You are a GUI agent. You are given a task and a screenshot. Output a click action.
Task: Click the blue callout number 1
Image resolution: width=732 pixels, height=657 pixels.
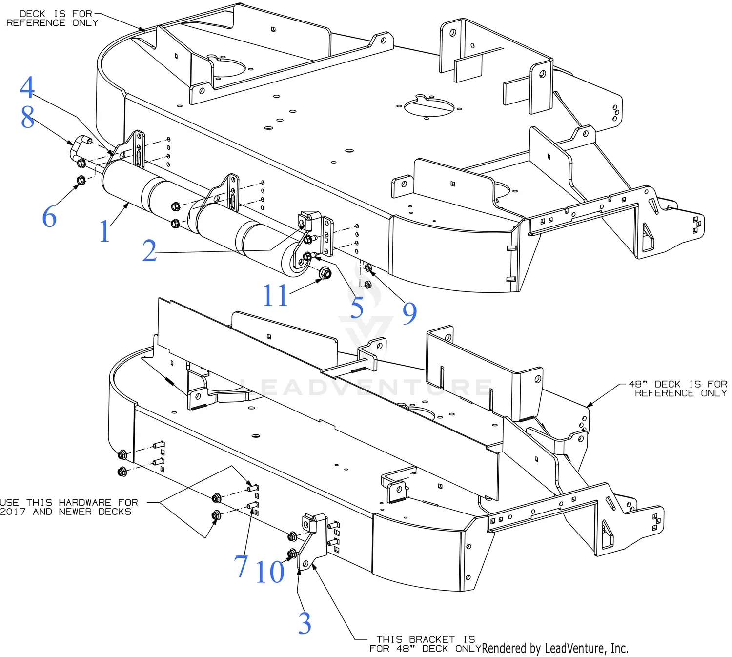pyautogui.click(x=104, y=231)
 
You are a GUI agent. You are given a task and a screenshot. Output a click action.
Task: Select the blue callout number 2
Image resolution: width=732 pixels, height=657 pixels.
pyautogui.click(x=149, y=251)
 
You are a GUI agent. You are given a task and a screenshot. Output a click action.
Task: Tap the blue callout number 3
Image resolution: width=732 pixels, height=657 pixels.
pyautogui.click(x=305, y=623)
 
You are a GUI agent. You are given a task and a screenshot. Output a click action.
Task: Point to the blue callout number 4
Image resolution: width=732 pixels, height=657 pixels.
pyautogui.click(x=27, y=87)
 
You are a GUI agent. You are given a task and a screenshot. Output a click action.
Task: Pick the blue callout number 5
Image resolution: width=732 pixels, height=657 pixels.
pyautogui.click(x=357, y=307)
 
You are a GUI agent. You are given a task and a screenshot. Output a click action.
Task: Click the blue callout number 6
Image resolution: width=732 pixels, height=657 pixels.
pyautogui.click(x=49, y=216)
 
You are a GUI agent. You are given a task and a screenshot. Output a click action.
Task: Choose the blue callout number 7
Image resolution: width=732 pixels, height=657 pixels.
pyautogui.click(x=241, y=566)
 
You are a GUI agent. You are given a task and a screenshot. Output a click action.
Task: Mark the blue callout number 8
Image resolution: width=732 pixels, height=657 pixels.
pyautogui.click(x=27, y=117)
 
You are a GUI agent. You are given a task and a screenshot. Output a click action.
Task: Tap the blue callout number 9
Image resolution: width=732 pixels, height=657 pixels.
pyautogui.click(x=409, y=313)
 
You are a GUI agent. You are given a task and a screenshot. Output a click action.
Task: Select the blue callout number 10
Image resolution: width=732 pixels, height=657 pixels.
pyautogui.click(x=270, y=572)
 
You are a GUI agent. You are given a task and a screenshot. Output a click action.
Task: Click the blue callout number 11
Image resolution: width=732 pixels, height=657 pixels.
pyautogui.click(x=275, y=295)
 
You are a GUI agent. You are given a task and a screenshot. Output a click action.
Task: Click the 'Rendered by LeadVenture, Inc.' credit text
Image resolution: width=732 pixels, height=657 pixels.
pyautogui.click(x=555, y=648)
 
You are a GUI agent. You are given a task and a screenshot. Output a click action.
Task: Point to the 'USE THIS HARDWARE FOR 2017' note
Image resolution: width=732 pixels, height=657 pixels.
pyautogui.click(x=68, y=507)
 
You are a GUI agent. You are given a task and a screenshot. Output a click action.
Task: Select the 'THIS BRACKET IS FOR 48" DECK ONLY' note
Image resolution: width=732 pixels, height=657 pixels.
pyautogui.click(x=422, y=644)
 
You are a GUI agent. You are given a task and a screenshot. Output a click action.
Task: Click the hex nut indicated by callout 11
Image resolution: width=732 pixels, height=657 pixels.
pyautogui.click(x=325, y=273)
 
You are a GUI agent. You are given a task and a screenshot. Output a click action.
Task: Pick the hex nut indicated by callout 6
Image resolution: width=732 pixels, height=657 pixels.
pyautogui.click(x=81, y=180)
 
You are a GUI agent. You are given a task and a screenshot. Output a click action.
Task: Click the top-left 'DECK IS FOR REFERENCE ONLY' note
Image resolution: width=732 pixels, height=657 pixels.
pyautogui.click(x=52, y=19)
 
